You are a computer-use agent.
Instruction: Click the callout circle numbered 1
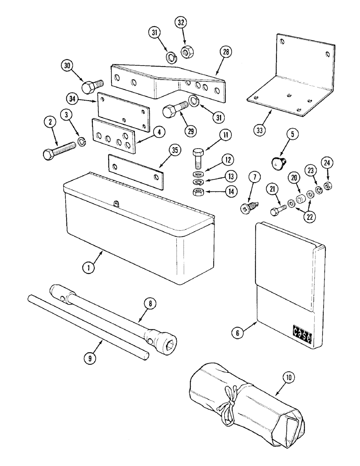coord(86,267)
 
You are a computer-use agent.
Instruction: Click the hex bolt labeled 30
coord(89,87)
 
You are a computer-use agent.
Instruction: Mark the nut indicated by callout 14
coord(198,192)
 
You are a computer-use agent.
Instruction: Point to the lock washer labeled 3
coord(80,141)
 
